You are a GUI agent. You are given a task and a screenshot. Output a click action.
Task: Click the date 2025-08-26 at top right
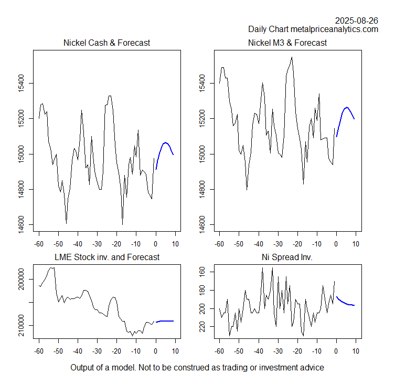[357, 20]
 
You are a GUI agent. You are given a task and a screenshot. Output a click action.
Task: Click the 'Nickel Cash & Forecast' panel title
[106, 43]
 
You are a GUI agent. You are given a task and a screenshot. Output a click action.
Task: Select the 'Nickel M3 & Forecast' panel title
[287, 43]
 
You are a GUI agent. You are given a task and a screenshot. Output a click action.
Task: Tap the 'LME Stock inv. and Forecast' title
[107, 257]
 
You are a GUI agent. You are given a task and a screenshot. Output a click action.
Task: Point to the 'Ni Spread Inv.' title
[287, 257]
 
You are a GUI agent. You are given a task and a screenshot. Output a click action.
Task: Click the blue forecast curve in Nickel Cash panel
[165, 143]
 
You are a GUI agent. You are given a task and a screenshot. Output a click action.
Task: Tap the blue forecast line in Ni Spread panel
[346, 303]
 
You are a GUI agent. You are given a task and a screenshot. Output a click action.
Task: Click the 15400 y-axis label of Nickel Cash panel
[20, 83]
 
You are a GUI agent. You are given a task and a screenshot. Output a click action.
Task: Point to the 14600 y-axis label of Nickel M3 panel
[201, 225]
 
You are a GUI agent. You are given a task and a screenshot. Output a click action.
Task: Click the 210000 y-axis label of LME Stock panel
[20, 326]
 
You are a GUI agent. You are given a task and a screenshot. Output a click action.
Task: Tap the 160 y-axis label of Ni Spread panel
[201, 272]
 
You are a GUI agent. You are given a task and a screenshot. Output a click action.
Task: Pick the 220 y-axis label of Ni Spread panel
[201, 327]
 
